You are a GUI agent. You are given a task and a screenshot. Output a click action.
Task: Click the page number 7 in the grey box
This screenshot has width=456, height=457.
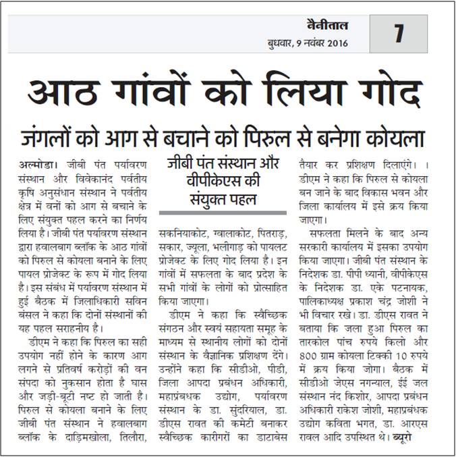[x=398, y=33]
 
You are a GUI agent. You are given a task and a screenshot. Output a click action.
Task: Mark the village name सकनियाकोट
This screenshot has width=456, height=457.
[x=184, y=232]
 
